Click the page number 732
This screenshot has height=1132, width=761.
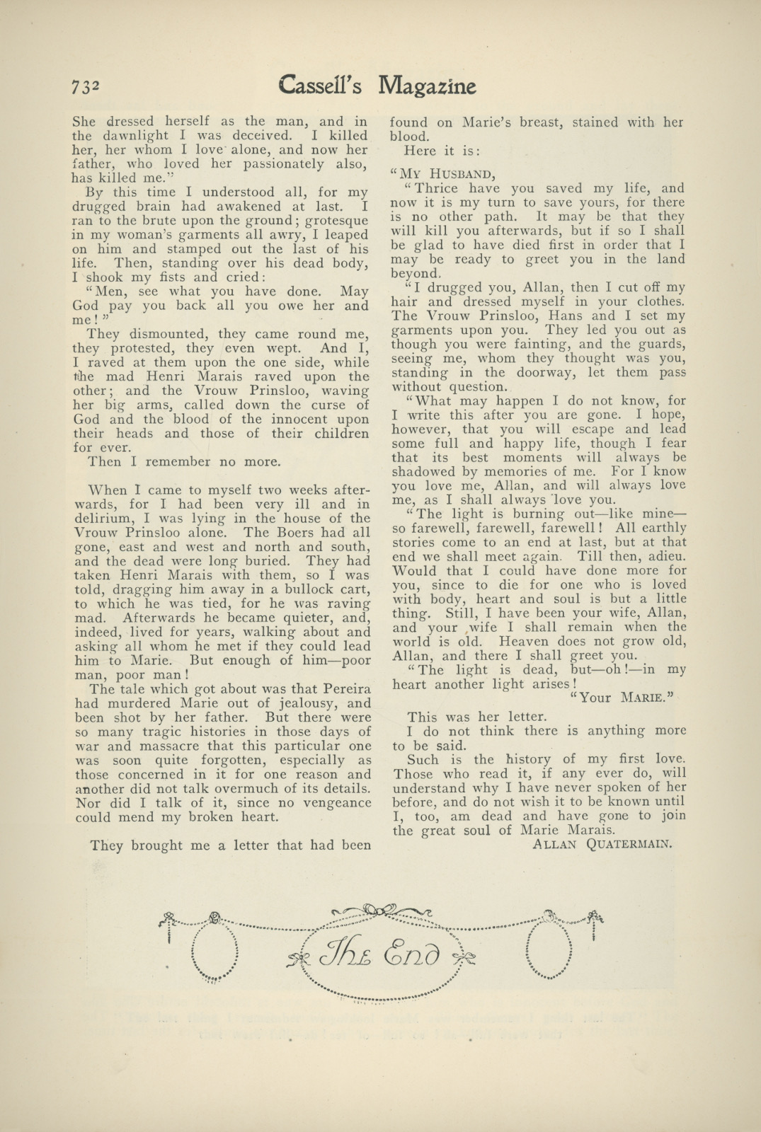coord(86,86)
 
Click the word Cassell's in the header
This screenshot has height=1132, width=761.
coord(320,85)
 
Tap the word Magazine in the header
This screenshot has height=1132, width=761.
coord(427,86)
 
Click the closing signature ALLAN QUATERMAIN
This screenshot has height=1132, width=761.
coord(601,843)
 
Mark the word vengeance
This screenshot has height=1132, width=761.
coord(333,803)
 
